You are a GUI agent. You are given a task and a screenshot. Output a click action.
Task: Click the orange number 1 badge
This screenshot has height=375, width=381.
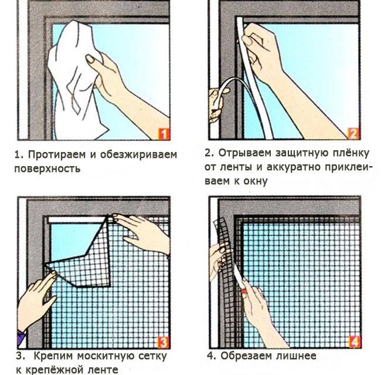(x=164, y=134)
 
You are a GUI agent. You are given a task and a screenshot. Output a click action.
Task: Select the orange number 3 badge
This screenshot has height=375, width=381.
(x=164, y=342)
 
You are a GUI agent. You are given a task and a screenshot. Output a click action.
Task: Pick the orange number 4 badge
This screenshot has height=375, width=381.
(x=354, y=342)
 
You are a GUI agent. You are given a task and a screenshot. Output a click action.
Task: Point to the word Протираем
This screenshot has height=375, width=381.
(x=57, y=154)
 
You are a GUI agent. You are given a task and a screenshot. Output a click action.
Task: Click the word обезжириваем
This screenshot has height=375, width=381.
(x=138, y=155)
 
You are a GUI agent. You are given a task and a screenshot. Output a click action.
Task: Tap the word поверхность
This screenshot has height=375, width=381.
(x=47, y=168)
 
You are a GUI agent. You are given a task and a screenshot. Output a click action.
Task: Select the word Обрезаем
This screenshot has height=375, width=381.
(x=246, y=356)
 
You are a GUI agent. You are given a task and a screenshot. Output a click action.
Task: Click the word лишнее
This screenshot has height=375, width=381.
(x=296, y=356)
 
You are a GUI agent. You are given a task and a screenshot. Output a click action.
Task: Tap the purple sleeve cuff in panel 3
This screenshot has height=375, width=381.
(x=21, y=337)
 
